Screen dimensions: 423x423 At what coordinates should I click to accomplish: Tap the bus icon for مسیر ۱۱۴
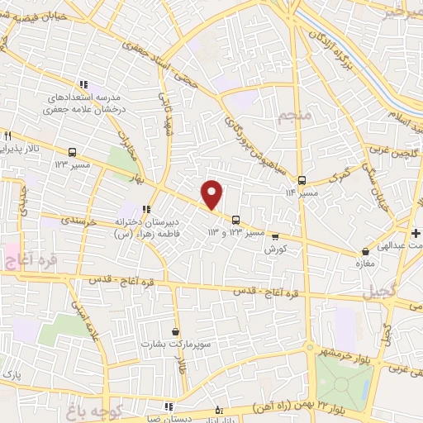point(302,180)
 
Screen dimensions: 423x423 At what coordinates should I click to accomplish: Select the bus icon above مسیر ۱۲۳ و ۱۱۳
point(237,220)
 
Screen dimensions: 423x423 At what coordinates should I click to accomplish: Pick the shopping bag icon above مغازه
point(366,250)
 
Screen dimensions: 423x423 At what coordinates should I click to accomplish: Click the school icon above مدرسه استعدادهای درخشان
point(83,84)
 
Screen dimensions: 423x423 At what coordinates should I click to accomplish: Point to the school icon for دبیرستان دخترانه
point(146,210)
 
